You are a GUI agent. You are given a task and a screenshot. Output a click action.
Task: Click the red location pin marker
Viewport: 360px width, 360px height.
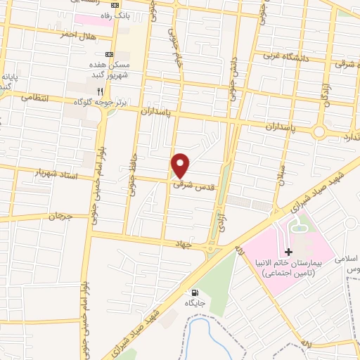click(181, 165)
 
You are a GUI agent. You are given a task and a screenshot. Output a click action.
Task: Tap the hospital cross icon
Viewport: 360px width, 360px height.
click(288, 252)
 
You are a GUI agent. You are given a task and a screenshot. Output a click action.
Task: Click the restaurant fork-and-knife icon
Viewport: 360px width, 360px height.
click(101, 91)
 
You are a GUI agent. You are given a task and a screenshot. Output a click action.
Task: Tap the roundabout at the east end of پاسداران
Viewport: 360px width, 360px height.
click(320, 131)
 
